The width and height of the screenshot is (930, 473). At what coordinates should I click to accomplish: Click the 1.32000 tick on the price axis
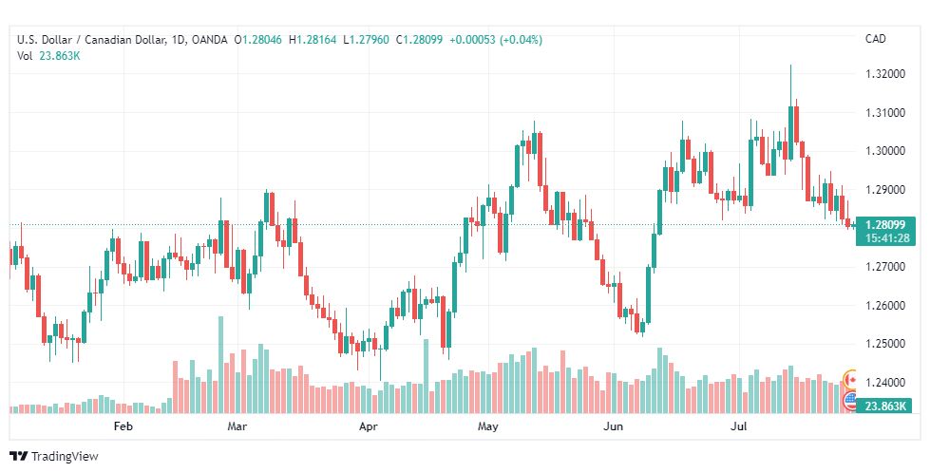coord(884,73)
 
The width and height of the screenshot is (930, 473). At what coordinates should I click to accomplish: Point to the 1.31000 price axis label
coord(884,112)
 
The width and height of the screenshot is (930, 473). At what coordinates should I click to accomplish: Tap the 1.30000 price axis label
coord(884,151)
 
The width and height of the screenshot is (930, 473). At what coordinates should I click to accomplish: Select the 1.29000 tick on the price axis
coord(884,189)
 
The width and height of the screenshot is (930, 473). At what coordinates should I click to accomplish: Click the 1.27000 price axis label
coord(884,267)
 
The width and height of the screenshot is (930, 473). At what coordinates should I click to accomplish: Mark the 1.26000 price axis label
coord(884,306)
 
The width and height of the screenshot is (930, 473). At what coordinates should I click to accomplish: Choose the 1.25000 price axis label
coord(884,344)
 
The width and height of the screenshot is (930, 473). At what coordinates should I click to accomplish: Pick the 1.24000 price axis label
coord(884,383)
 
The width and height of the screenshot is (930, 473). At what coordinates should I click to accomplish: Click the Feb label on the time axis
coord(123,426)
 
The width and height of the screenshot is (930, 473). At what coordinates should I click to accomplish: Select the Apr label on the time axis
coord(369,426)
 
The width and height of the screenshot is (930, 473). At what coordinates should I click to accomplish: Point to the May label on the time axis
coord(488,426)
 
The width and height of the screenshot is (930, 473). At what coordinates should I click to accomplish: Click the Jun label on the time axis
coord(614,426)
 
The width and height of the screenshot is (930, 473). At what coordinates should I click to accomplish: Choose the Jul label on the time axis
coord(736,426)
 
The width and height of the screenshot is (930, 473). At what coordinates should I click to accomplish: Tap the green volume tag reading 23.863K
coord(884,406)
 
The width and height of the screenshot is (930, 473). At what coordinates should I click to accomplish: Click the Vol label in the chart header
coord(25,55)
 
